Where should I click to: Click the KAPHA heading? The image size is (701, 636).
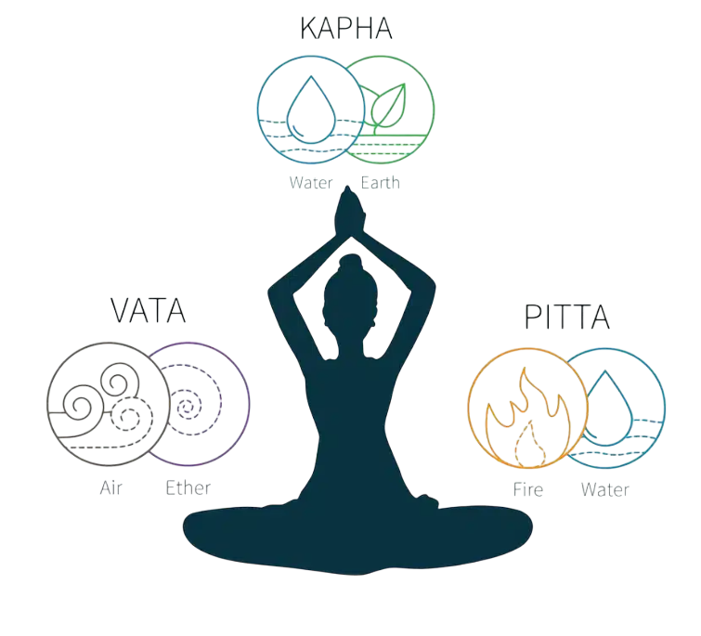(x=346, y=29)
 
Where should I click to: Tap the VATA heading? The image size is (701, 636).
(x=148, y=311)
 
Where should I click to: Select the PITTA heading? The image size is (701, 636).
(x=567, y=317)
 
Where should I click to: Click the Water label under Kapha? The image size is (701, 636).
(x=311, y=183)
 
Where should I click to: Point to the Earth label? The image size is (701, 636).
(x=380, y=183)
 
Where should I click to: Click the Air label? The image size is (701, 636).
(x=110, y=487)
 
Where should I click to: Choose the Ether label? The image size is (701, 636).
(x=188, y=487)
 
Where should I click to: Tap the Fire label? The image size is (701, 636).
(x=528, y=489)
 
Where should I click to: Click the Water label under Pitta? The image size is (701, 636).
(x=604, y=489)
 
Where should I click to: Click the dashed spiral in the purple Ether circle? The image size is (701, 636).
(x=189, y=406)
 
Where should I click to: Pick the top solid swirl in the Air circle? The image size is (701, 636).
(x=120, y=380)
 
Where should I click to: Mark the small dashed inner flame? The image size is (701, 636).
(x=530, y=444)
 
